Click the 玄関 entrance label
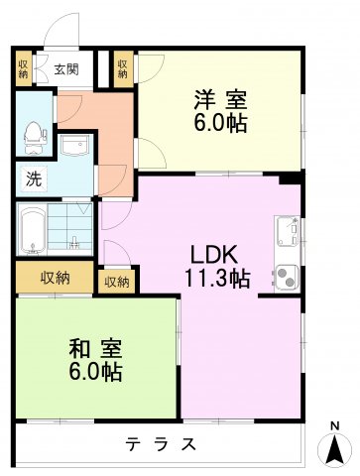coord(66,69)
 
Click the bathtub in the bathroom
coord(35,230)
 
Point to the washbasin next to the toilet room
coord(74,148)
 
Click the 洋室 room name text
coord(220,100)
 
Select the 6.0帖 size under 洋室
coord(220,124)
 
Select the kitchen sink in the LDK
coord(288,232)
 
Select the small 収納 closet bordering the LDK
coord(117,282)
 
